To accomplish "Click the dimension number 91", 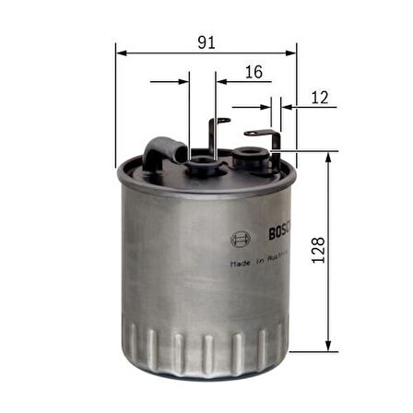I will [x=206, y=40].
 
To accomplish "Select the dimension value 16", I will [x=254, y=71].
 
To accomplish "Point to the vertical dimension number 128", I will [x=319, y=251].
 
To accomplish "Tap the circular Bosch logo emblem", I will [x=240, y=240].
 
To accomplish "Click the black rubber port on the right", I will [x=252, y=152].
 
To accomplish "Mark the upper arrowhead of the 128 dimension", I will [x=329, y=158].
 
